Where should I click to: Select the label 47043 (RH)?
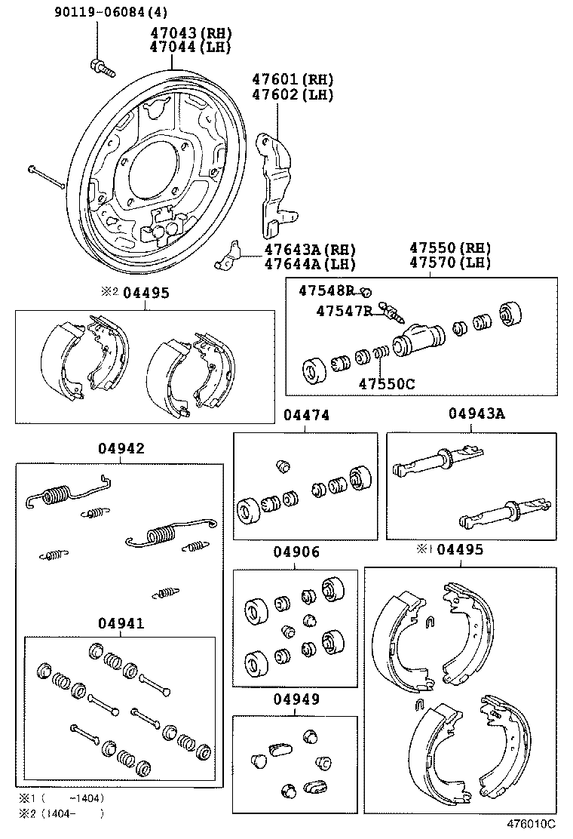[189, 33]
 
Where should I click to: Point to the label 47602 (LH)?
[293, 94]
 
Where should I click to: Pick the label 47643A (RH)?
[309, 249]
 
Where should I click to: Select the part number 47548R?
[326, 290]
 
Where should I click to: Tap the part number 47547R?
[344, 311]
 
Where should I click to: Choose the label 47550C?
[386, 383]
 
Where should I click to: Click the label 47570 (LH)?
[450, 263]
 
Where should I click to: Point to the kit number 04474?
[305, 416]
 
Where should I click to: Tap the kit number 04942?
[121, 448]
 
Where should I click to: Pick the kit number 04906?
[296, 552]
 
